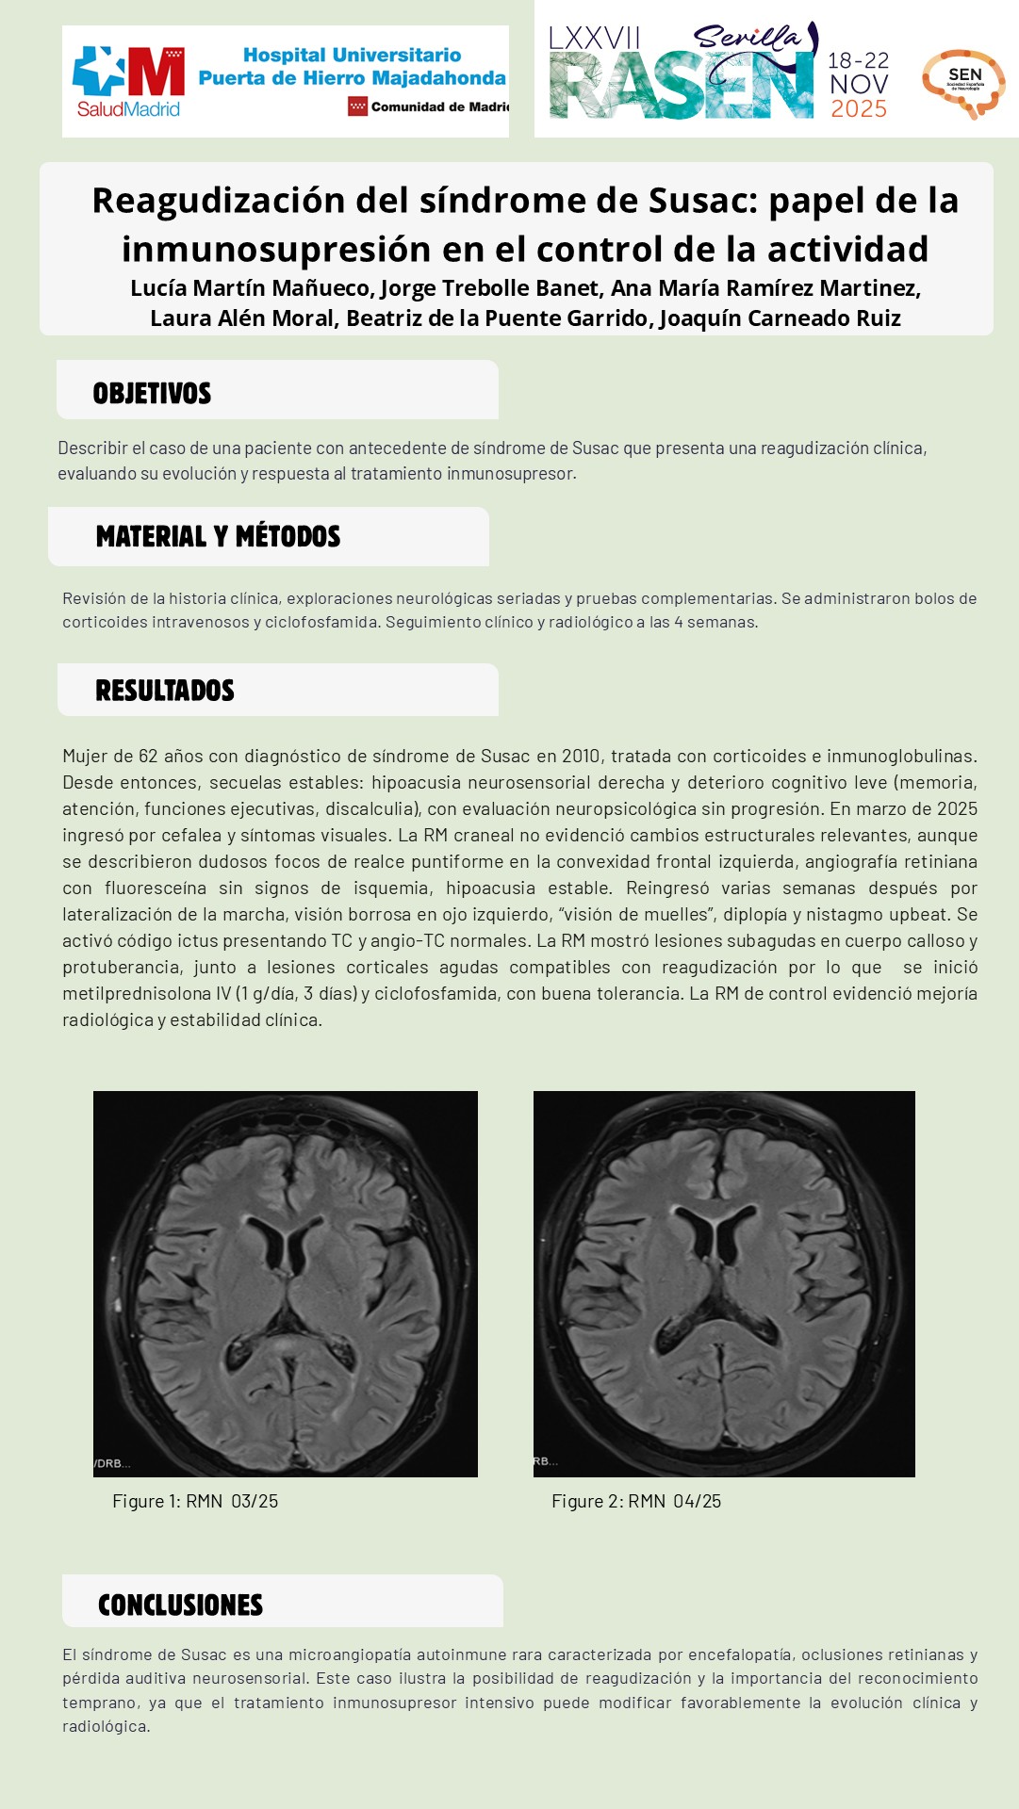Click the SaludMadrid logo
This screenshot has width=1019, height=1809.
click(128, 83)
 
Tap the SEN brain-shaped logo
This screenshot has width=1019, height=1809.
click(963, 84)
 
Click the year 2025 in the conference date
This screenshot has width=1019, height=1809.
click(858, 109)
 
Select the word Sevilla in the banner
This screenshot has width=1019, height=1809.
click(747, 39)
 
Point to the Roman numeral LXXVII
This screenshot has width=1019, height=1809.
click(594, 39)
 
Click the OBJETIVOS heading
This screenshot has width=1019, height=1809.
click(152, 394)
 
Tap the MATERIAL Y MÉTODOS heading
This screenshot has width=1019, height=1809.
click(218, 537)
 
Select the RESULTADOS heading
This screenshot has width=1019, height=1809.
click(165, 691)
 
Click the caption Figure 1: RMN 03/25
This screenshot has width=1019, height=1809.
click(195, 1501)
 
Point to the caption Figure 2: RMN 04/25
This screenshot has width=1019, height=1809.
click(636, 1501)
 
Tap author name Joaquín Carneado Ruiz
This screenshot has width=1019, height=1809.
click(780, 318)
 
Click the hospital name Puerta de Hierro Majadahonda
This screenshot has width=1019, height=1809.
click(352, 78)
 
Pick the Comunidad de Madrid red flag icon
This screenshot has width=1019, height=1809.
click(357, 106)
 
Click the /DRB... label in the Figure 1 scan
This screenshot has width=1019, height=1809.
click(112, 1463)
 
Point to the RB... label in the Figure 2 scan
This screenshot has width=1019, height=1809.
click(546, 1461)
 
